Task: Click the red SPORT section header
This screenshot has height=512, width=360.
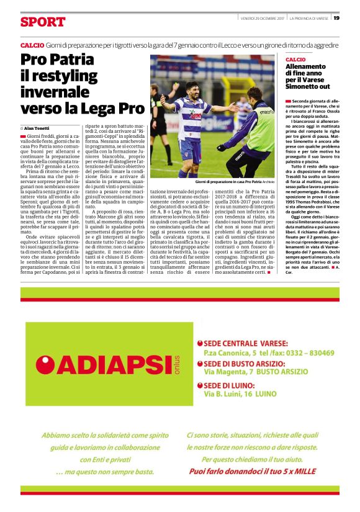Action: point(42,22)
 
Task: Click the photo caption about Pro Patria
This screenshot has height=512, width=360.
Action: point(229,182)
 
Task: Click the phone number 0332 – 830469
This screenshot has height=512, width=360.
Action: point(310,353)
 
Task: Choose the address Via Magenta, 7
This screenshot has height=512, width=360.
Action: point(228,372)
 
